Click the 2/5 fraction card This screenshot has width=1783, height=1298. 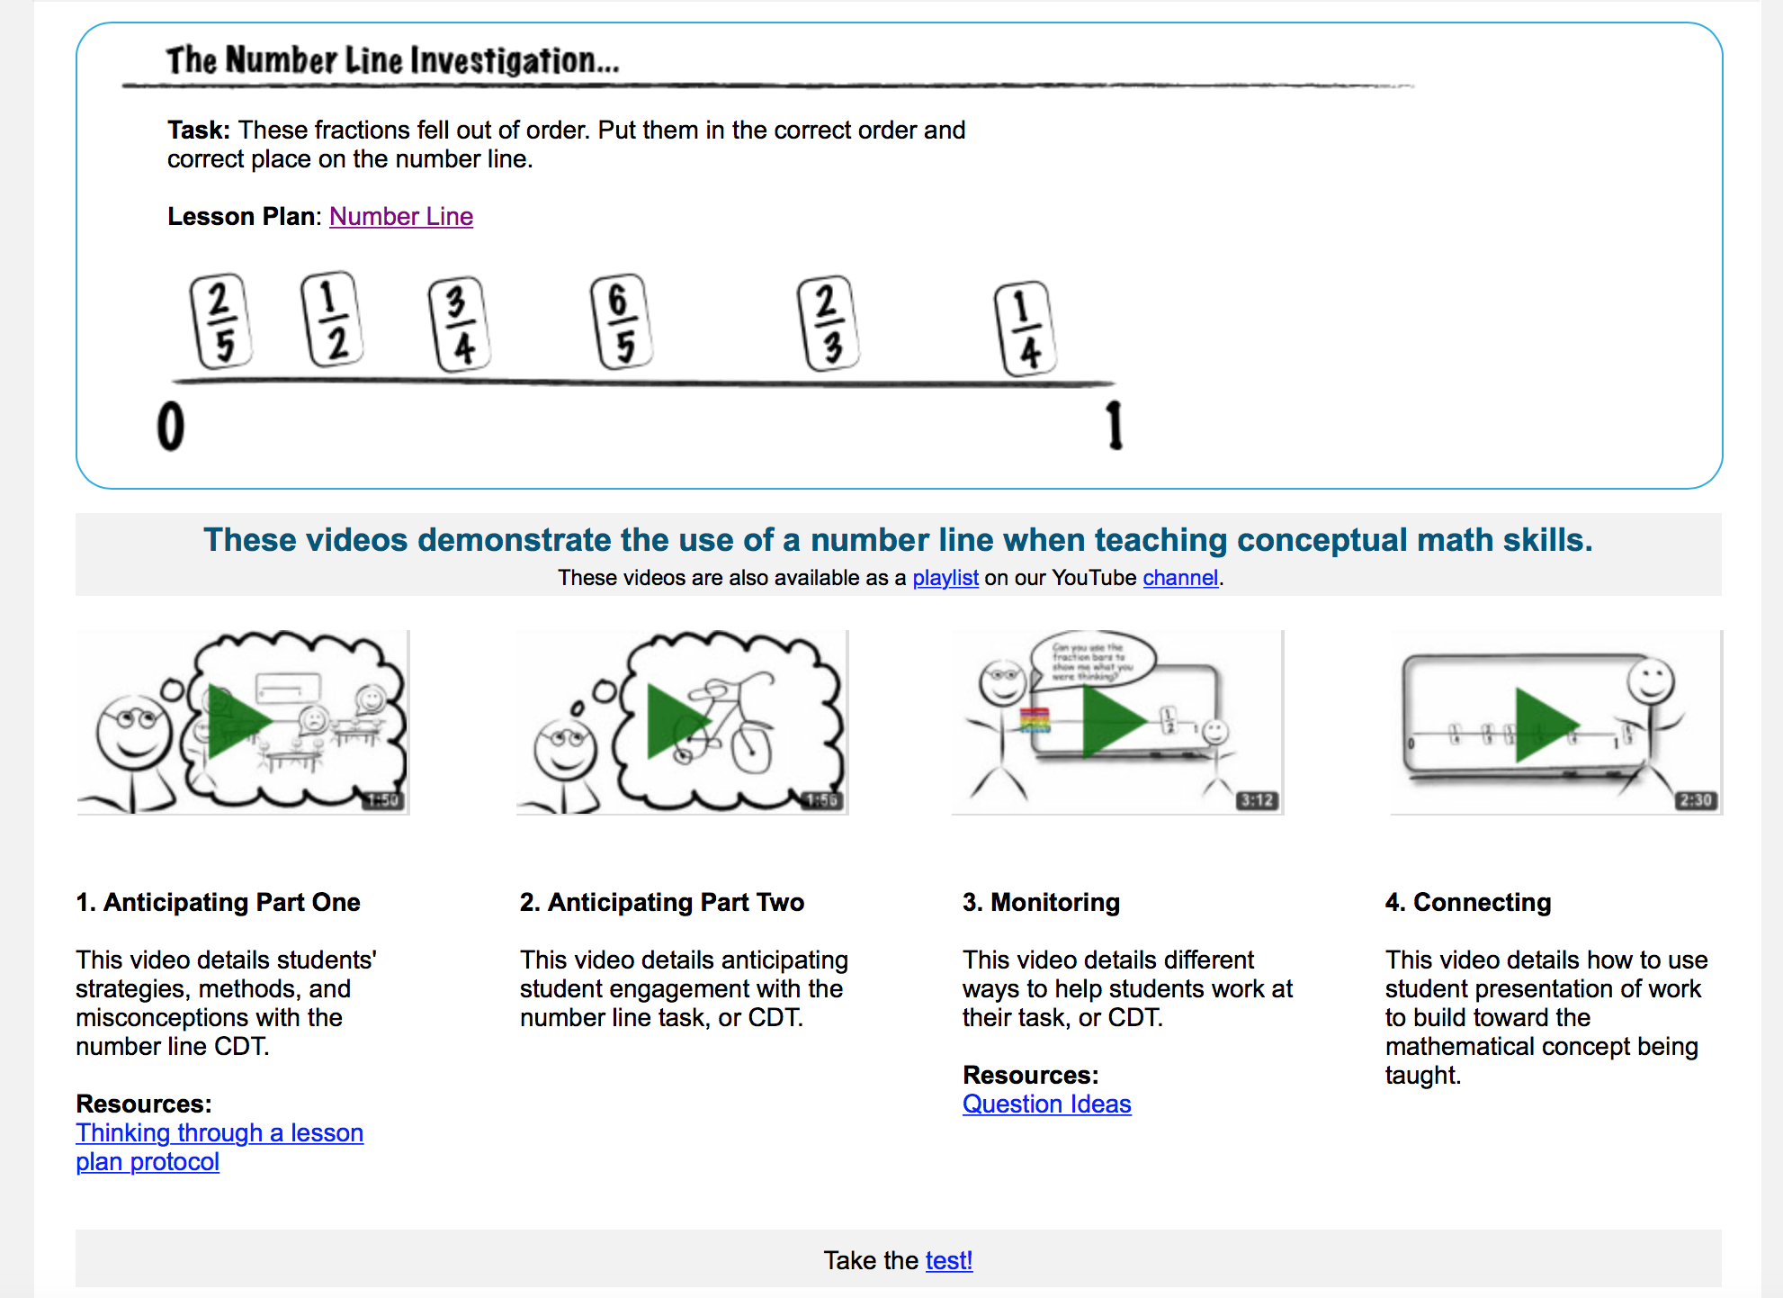pos(220,322)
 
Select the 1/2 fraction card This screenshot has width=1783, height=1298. pos(331,320)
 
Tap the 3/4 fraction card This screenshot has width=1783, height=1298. pos(459,325)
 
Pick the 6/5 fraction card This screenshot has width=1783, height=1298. pos(621,322)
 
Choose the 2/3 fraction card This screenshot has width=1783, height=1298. pos(828,324)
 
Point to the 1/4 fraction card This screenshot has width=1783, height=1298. pos(1025,329)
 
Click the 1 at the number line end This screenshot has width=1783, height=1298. pos(1115,426)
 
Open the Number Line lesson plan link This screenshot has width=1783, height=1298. pos(401,217)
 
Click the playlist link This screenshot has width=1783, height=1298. pos(945,578)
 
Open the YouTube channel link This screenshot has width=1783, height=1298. pos(1180,578)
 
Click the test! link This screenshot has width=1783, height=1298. pos(949,1260)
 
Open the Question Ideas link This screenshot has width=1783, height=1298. pos(1046,1104)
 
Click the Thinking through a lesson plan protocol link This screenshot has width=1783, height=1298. pos(220,1133)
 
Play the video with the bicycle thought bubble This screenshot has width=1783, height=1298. pos(680,722)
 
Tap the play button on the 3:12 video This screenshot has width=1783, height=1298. pos(1115,722)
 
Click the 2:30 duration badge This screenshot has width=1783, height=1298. pos(1696,800)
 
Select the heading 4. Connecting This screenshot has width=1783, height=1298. pos(1468,902)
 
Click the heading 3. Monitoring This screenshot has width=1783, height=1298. pos(1041,902)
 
